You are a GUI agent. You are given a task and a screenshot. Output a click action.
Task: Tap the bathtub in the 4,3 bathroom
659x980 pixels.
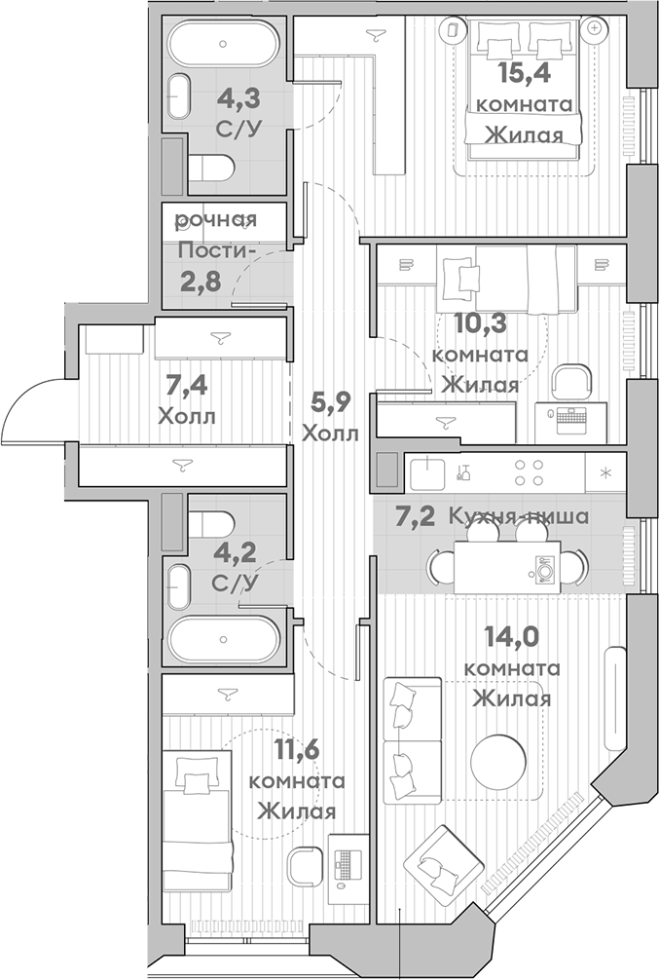[x=223, y=44]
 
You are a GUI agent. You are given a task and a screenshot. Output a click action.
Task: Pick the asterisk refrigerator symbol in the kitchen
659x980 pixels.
[x=605, y=473]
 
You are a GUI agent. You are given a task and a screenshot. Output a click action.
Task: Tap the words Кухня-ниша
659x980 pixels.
[x=517, y=516]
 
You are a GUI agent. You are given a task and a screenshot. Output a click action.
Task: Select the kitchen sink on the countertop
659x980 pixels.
[x=427, y=473]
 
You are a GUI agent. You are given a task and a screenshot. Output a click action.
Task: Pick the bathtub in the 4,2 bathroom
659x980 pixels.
[x=224, y=639]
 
